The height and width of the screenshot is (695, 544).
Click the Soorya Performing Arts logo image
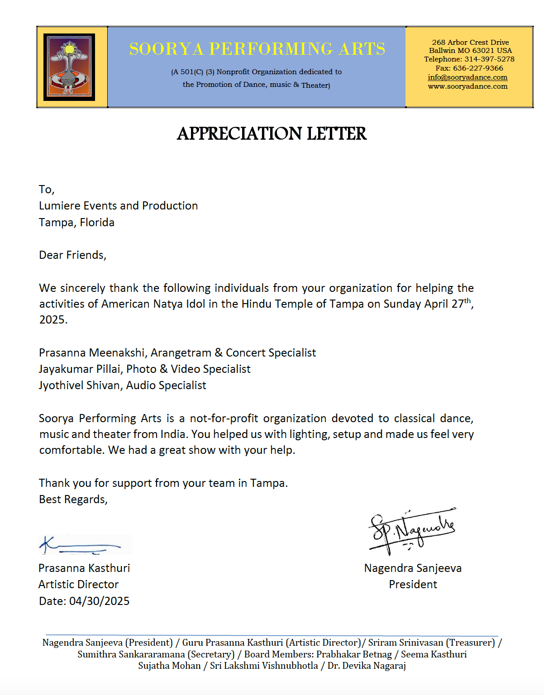click(x=69, y=67)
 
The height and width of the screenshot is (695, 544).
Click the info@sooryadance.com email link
click(x=468, y=77)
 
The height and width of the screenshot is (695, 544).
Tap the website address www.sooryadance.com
click(x=468, y=86)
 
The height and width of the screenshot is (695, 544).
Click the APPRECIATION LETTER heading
click(x=272, y=133)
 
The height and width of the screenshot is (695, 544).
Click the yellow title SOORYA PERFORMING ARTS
click(x=257, y=49)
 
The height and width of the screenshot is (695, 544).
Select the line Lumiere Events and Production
click(x=118, y=206)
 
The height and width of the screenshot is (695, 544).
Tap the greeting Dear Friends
click(x=72, y=255)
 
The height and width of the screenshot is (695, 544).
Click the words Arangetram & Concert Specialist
click(x=234, y=353)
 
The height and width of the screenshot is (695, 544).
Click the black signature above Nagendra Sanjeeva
click(x=412, y=530)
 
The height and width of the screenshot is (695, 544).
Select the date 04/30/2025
click(x=99, y=601)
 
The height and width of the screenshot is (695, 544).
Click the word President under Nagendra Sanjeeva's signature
click(x=413, y=585)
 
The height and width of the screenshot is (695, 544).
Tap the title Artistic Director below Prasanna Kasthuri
click(x=78, y=585)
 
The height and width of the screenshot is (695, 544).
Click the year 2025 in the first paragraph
click(x=53, y=320)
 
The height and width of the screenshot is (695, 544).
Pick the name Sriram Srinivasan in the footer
click(x=406, y=643)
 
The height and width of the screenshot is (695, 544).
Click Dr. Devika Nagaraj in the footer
click(x=367, y=666)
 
